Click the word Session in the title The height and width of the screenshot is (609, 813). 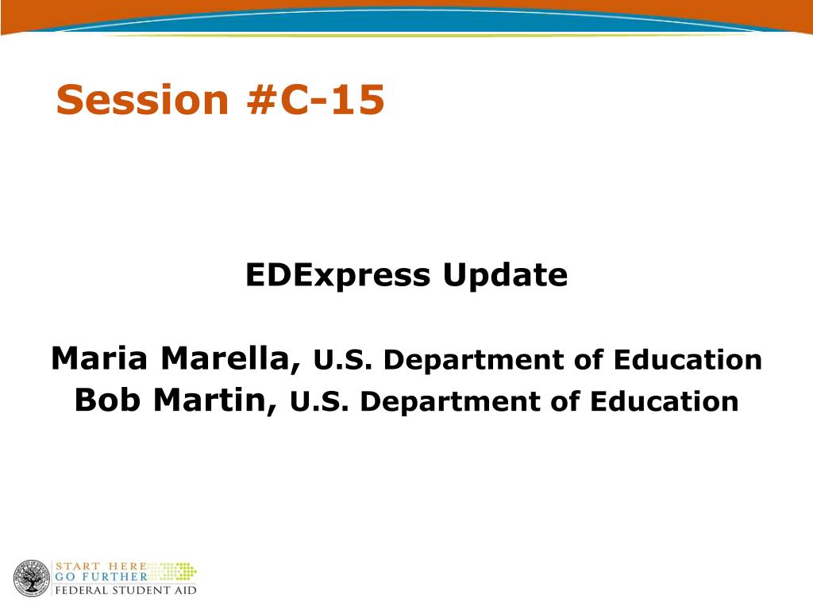142,99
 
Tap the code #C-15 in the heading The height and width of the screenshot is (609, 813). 316,99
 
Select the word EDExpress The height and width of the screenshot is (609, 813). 337,275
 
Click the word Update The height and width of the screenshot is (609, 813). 505,274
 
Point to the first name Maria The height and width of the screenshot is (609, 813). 99,358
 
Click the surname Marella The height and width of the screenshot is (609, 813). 230,359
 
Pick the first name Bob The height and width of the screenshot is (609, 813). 107,400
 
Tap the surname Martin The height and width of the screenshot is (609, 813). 214,400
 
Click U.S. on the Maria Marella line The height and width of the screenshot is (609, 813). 343,360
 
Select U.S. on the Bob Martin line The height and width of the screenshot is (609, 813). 319,402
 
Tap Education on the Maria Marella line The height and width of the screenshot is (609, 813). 688,359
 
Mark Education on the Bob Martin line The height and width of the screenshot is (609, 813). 665,401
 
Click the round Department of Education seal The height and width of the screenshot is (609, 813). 32,578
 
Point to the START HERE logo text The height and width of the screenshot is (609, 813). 101,566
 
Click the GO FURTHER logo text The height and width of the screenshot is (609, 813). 102,576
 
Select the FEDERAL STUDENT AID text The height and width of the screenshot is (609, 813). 126,590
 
